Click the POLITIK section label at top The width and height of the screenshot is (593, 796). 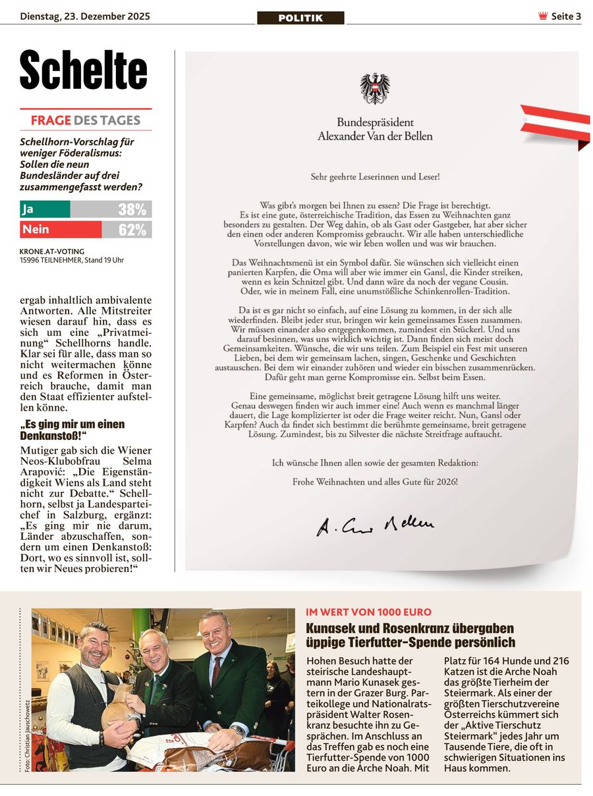coord(300,18)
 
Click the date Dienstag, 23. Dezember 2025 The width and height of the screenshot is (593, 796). coord(85,16)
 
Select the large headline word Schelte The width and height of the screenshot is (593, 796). coord(84,71)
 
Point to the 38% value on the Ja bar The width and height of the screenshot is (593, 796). coord(132,209)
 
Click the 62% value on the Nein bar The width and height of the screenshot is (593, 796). coord(132,230)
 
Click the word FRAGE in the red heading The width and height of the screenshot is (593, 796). coord(51,120)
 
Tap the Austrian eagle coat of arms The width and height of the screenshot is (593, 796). coord(375,89)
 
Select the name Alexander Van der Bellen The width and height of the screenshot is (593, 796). coord(375,136)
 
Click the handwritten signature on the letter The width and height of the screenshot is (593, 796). coord(375,525)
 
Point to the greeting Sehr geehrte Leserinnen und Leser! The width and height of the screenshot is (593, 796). coord(375,176)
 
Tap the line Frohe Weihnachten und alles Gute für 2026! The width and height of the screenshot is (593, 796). coord(375,482)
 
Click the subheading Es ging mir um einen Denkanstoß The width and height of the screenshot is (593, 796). coord(72,431)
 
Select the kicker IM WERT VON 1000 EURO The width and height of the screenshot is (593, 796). coord(368,612)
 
